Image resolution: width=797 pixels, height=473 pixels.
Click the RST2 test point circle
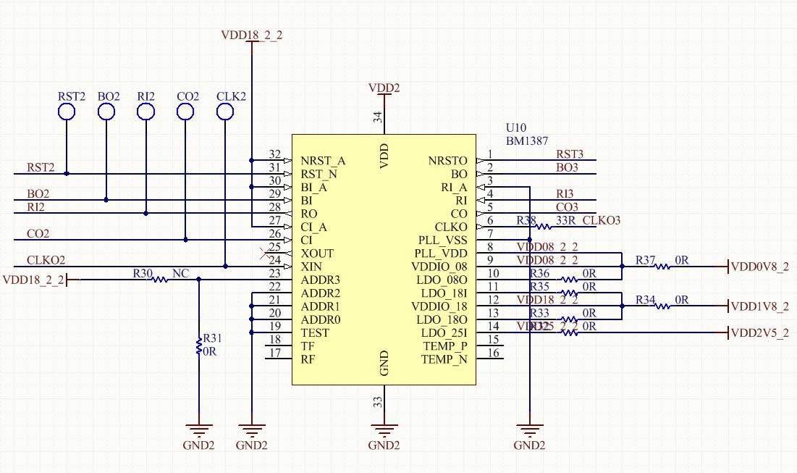(x=67, y=111)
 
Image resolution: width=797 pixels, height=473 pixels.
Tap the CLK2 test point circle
(x=225, y=111)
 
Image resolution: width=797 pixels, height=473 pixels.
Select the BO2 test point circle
(x=106, y=111)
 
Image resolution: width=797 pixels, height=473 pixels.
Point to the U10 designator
(x=517, y=127)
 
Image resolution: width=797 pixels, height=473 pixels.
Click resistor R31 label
(x=213, y=338)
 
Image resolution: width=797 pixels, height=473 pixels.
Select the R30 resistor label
(x=143, y=273)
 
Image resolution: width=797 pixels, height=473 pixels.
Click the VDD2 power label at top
(x=384, y=88)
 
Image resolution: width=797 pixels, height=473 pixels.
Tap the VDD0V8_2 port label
(x=759, y=267)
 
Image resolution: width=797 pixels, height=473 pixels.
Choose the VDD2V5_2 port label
(x=759, y=333)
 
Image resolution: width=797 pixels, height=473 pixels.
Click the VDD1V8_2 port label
(x=759, y=306)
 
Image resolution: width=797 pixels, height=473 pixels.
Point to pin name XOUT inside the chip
(x=317, y=254)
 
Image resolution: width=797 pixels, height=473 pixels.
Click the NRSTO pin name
(x=447, y=161)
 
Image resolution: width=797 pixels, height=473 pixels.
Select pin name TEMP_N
(x=444, y=359)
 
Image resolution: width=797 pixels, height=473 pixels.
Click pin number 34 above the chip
(x=377, y=117)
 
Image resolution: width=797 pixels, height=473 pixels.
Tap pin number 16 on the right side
(x=493, y=353)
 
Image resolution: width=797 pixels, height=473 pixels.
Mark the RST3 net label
(x=569, y=154)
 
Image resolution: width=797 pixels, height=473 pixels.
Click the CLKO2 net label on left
(x=46, y=260)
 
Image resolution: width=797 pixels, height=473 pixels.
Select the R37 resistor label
(x=645, y=259)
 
